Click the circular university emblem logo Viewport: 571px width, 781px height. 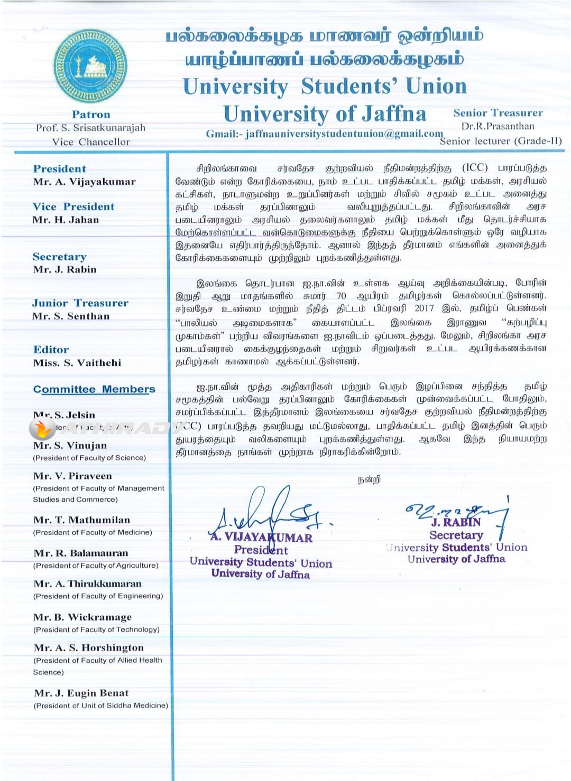tap(90, 66)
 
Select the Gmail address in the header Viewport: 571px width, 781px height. tap(324, 134)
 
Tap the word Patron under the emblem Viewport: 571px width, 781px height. tap(91, 115)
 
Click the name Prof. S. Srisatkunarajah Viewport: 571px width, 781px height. tap(90, 128)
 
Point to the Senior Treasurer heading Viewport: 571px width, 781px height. tap(498, 113)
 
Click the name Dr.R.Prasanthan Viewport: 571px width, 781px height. tap(498, 126)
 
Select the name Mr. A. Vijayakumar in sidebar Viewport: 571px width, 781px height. tap(84, 182)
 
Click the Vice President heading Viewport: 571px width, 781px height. tap(73, 206)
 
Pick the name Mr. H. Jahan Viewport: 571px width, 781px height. tap(66, 220)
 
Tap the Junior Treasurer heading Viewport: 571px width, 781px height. tap(80, 303)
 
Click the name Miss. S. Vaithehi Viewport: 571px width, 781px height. tap(77, 363)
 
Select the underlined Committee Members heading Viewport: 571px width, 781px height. tap(94, 389)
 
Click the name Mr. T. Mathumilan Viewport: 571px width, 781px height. tap(81, 520)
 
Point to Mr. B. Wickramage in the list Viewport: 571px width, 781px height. tap(82, 617)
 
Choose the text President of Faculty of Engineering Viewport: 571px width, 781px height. tap(98, 596)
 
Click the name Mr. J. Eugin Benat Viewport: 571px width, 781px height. tap(81, 693)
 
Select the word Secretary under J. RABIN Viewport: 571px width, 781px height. tap(456, 535)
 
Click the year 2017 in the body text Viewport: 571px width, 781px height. tap(424, 308)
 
